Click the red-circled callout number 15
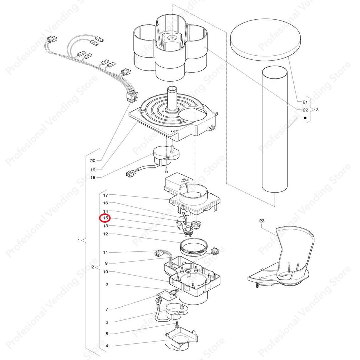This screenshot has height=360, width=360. point(105,218)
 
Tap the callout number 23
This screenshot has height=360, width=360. point(262,221)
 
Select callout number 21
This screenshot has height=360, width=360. point(305,102)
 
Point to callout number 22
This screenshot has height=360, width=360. point(305,110)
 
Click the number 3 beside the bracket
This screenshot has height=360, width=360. point(317,110)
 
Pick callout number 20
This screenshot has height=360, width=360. point(93,161)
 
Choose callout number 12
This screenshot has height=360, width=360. point(105,234)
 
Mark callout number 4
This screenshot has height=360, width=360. point(107,346)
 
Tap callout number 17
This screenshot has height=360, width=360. point(105,195)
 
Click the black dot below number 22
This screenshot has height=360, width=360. point(305,118)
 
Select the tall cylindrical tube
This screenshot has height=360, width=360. point(275,129)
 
